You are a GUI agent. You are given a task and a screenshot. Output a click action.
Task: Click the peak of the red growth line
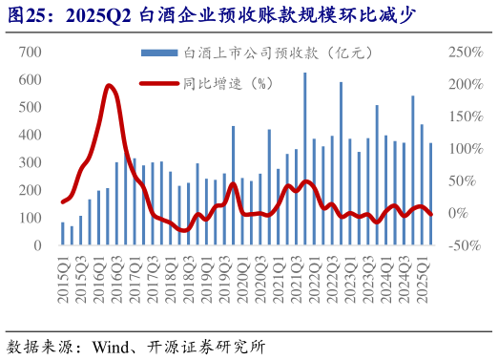coord(110,86)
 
